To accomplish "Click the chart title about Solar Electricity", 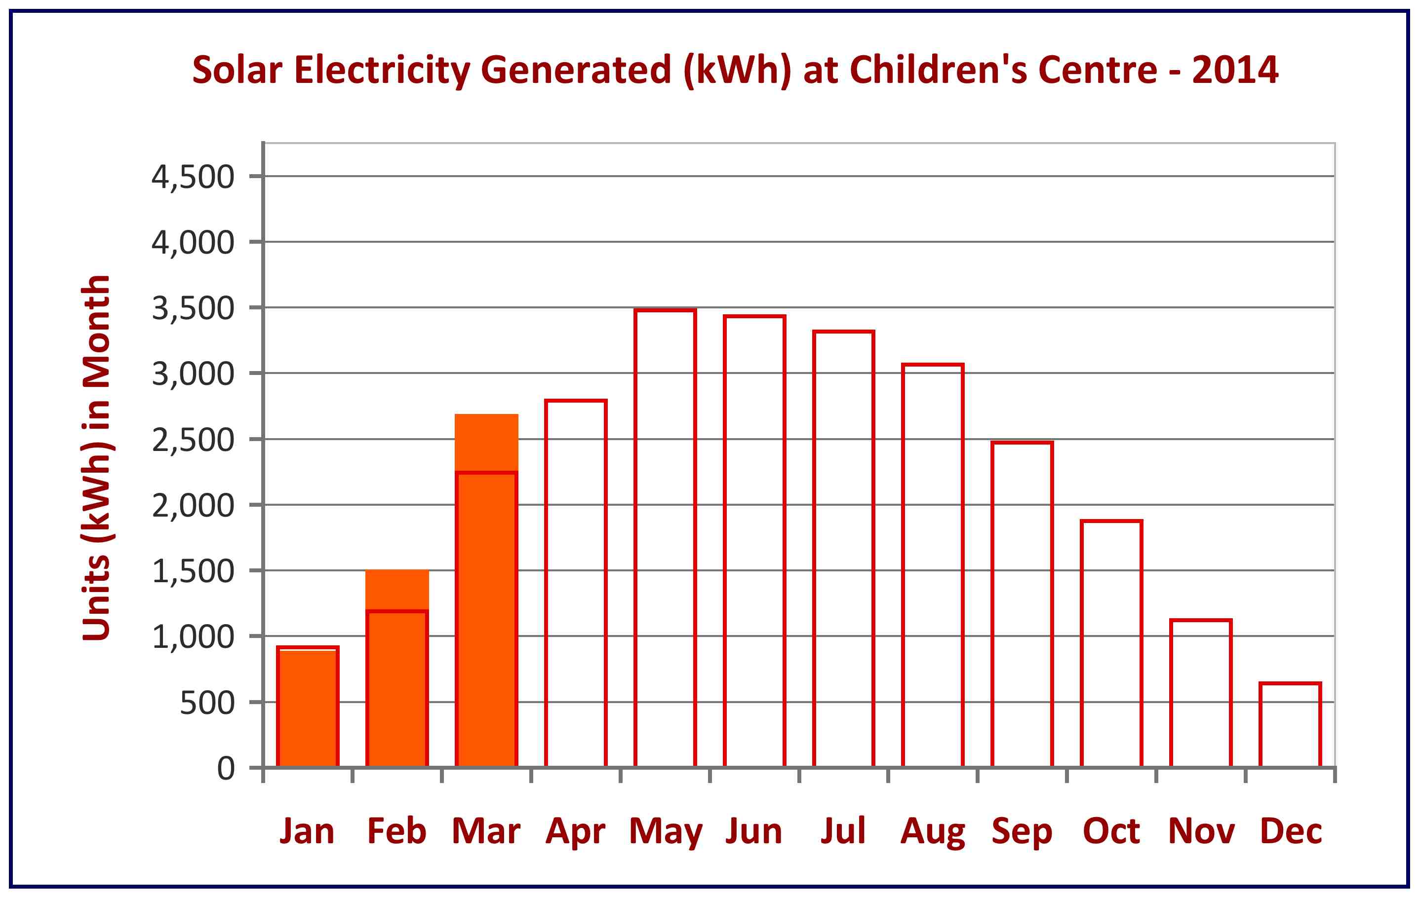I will [x=735, y=70].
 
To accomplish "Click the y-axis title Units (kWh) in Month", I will [x=97, y=458].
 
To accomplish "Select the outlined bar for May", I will [x=665, y=537].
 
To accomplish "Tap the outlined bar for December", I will [x=1290, y=724].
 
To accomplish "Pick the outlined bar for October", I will [x=1111, y=643].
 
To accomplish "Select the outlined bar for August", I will [x=933, y=565].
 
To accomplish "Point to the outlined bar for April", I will [x=576, y=583].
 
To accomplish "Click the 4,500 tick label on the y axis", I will [x=193, y=177].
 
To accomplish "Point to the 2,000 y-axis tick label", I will [x=193, y=505].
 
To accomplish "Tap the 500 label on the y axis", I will [x=207, y=703].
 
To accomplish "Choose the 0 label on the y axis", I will [x=226, y=769].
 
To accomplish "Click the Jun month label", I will [x=754, y=831].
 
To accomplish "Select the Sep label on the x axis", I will [x=1022, y=831].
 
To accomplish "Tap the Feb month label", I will [x=396, y=831].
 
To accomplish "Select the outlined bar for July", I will [x=843, y=549].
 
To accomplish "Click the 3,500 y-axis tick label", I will [x=193, y=308].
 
